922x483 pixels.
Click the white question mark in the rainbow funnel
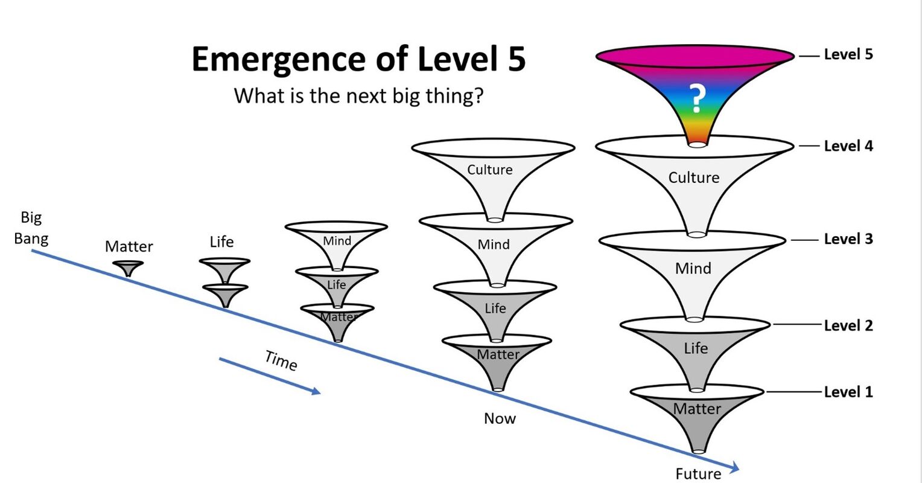tap(697, 99)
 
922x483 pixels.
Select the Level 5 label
tap(848, 54)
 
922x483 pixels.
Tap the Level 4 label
tap(848, 146)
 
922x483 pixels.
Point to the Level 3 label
tap(848, 239)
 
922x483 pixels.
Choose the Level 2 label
tap(848, 325)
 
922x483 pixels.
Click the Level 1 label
tap(848, 392)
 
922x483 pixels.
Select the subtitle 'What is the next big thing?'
tap(358, 95)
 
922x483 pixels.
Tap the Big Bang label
tap(31, 228)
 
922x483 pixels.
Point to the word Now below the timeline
tap(500, 418)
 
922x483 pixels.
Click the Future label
tap(698, 474)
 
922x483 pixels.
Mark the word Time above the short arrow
tap(281, 360)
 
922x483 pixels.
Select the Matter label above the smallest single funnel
tap(129, 246)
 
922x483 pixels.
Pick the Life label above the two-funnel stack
tap(221, 242)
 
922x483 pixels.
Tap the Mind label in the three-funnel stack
tap(337, 241)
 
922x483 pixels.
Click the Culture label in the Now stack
tap(489, 170)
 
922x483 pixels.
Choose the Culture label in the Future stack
tap(693, 178)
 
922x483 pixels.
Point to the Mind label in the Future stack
tap(693, 268)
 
